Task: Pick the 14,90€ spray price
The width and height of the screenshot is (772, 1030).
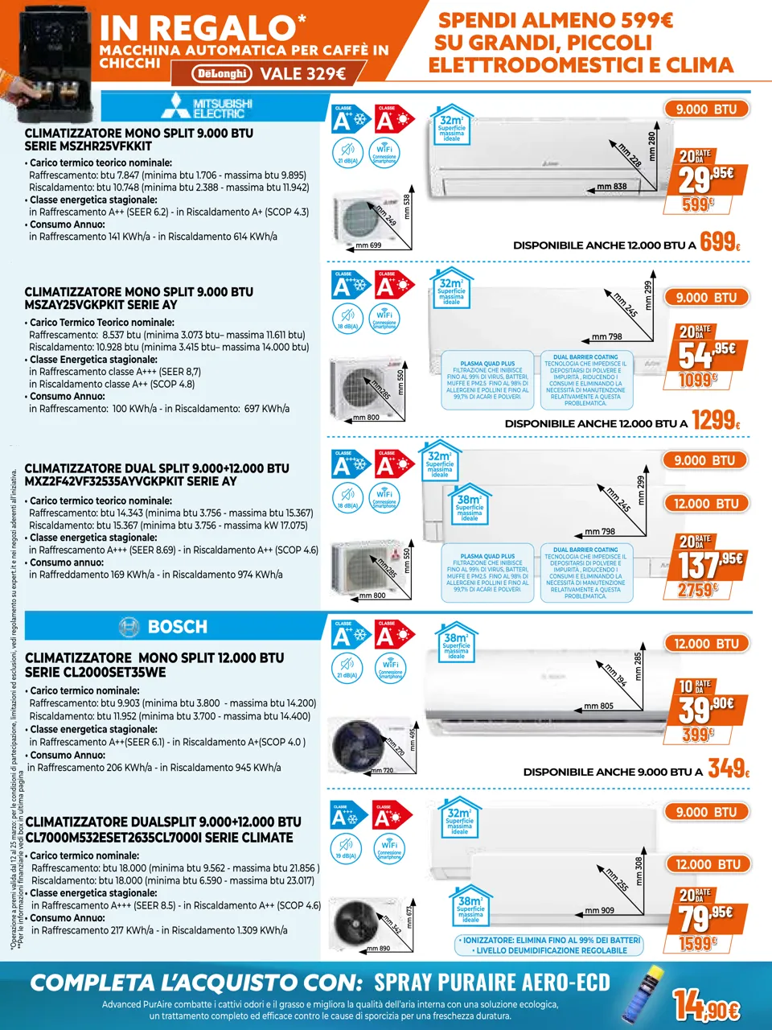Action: coord(706,1005)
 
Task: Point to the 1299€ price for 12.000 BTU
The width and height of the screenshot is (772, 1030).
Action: coord(715,420)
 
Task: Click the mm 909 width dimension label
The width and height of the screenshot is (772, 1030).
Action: coord(599,911)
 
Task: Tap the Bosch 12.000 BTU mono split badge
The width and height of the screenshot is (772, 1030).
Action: coord(706,644)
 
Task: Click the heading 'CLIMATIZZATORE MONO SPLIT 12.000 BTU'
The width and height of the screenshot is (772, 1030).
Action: coord(154,658)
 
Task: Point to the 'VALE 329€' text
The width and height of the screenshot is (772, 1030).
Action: coord(302,74)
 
